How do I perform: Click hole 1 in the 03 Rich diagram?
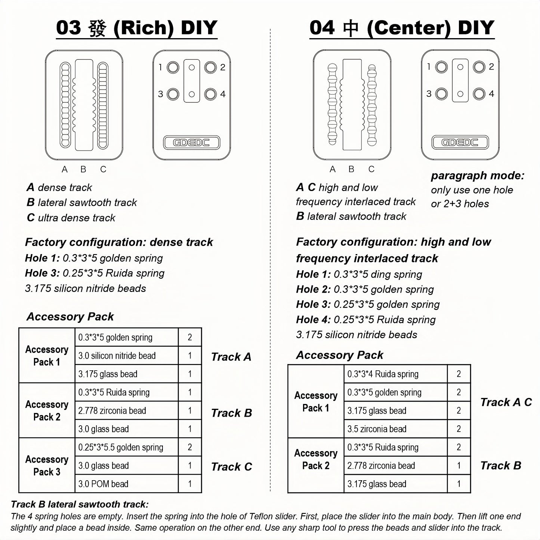[173, 68]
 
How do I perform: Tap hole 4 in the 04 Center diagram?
[479, 93]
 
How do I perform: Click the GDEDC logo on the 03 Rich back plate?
[192, 142]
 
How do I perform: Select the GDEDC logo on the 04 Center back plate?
[460, 142]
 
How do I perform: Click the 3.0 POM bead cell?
[126, 484]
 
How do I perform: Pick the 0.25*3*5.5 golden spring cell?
[126, 447]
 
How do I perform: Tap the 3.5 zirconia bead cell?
[395, 429]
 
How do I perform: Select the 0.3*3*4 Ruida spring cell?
[395, 374]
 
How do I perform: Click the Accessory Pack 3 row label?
[47, 466]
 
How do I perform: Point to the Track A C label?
[506, 402]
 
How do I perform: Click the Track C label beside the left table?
[231, 467]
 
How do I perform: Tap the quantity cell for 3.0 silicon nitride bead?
[190, 356]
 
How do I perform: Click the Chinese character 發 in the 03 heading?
[98, 28]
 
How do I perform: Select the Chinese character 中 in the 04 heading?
[351, 28]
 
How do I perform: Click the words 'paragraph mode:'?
[478, 176]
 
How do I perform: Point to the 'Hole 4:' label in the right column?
[313, 320]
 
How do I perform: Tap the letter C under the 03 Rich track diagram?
[103, 169]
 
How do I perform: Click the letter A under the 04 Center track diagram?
[333, 169]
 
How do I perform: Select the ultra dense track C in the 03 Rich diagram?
[103, 105]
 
